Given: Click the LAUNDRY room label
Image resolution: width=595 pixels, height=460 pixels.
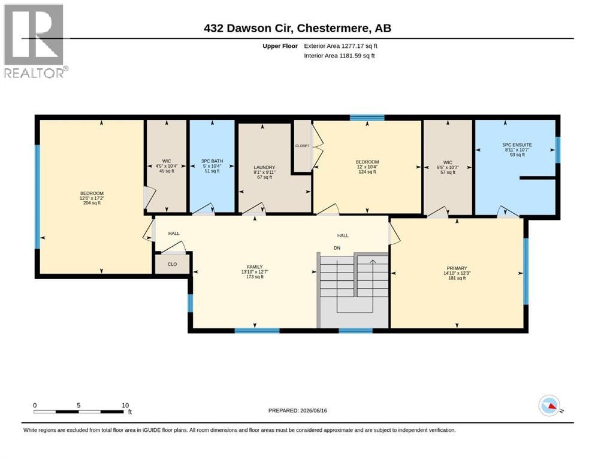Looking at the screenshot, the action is click(264, 167).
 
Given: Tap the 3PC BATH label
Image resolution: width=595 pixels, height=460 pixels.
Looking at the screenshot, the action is click(212, 161).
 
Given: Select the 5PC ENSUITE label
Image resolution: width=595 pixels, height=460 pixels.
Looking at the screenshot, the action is click(517, 145).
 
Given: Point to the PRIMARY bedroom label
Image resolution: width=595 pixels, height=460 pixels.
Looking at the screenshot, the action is click(457, 268).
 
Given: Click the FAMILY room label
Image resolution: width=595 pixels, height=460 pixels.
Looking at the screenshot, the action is click(255, 267).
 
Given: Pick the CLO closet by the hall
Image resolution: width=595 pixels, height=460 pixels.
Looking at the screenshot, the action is click(173, 264).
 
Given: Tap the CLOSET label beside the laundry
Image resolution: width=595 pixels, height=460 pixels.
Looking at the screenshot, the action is click(303, 146).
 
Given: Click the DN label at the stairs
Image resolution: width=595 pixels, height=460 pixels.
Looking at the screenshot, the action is click(337, 248).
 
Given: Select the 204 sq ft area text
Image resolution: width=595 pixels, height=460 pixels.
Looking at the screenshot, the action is click(92, 203).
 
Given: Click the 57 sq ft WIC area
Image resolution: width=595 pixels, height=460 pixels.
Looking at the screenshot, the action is click(448, 172).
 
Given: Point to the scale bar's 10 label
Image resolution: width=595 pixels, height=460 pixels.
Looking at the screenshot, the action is click(125, 405).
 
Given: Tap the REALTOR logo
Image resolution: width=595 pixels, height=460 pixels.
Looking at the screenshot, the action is click(35, 41).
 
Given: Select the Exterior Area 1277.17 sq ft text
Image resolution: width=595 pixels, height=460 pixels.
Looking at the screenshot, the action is click(340, 46).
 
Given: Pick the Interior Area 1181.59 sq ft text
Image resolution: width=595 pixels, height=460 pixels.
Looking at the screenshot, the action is click(339, 56).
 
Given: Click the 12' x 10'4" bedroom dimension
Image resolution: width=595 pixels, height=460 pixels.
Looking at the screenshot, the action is click(367, 167).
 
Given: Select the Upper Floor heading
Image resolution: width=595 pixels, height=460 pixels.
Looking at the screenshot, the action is click(280, 46).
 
